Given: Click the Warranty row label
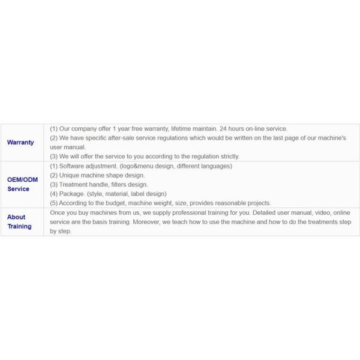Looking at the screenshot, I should pyautogui.click(x=20, y=142).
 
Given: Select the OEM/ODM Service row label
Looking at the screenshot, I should pyautogui.click(x=22, y=184).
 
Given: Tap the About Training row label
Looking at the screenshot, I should pyautogui.click(x=19, y=221).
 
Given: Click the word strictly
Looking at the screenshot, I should pyautogui.click(x=227, y=156).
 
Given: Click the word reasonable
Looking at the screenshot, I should pyautogui.click(x=227, y=203).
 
